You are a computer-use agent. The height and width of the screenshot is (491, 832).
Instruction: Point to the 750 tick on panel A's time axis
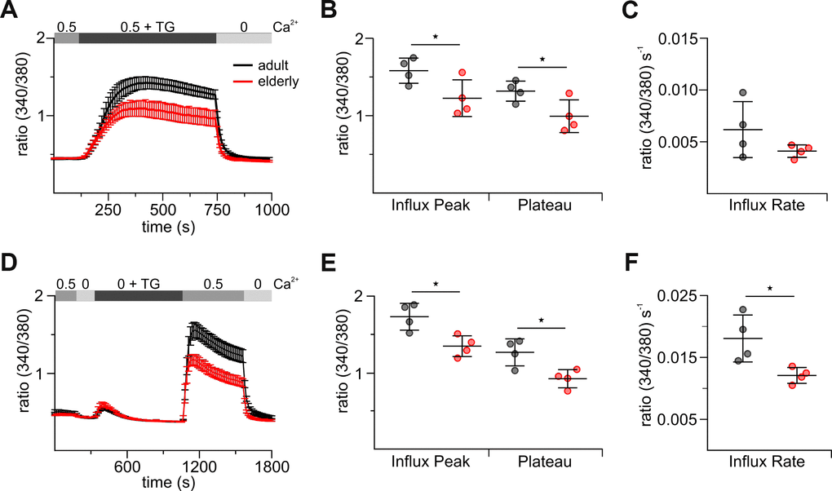[217, 210]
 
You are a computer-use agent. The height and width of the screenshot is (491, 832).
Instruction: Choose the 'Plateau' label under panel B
[546, 205]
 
